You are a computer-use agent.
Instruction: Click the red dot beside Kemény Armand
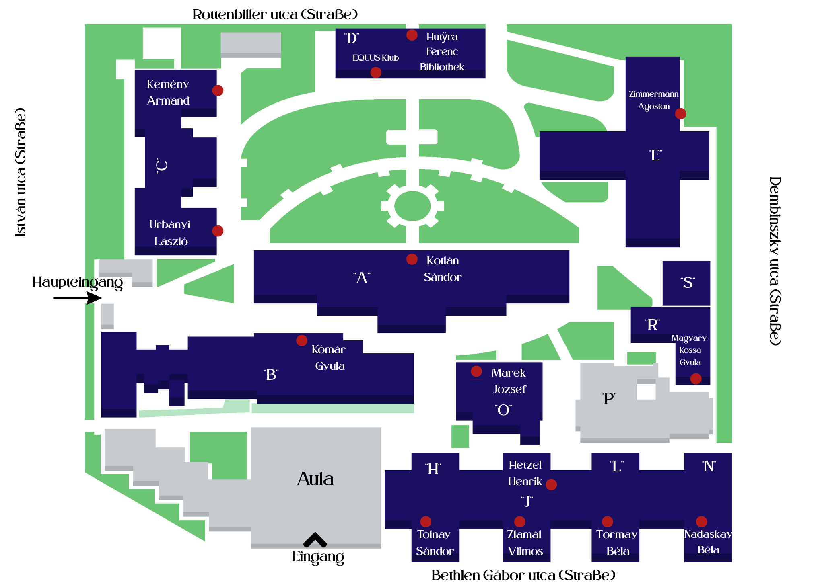(218, 90)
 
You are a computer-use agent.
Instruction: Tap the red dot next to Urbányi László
(218, 231)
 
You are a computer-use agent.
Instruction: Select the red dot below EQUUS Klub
(376, 72)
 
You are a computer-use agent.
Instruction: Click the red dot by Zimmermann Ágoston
(680, 114)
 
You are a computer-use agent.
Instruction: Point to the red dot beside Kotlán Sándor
(412, 259)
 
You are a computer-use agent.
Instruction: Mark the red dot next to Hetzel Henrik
(551, 485)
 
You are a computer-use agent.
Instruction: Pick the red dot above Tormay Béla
(608, 522)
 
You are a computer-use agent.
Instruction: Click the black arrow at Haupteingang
(78, 298)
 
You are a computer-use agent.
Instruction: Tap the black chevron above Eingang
(315, 540)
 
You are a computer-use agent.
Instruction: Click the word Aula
(315, 479)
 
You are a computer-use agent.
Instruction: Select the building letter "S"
(688, 283)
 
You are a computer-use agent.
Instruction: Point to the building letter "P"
(609, 398)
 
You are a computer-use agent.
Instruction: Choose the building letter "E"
(655, 155)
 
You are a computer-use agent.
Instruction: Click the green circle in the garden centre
(412, 206)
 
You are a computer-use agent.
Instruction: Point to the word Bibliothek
(442, 67)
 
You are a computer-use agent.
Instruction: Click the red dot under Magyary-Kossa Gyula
(696, 379)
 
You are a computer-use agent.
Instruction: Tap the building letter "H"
(433, 469)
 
